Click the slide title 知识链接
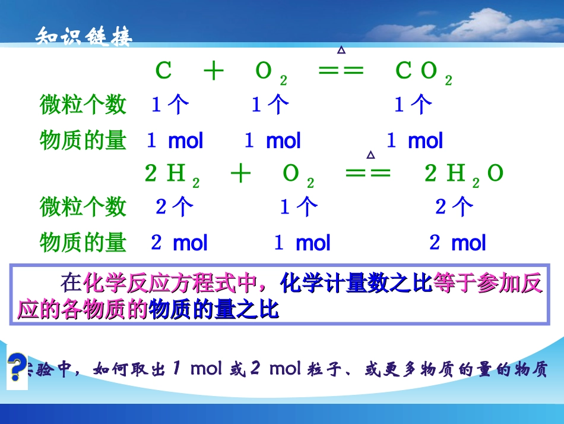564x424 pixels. [84, 37]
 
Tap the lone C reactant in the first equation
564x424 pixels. [163, 72]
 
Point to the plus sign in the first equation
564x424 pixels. [213, 72]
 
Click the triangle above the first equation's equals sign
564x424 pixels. [341, 51]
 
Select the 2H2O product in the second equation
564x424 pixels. [464, 174]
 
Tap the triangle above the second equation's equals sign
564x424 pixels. [370, 155]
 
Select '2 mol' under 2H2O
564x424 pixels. [457, 243]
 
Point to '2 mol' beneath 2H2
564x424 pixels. [179, 243]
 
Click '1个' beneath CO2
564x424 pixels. [413, 105]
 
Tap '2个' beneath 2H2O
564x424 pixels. [454, 207]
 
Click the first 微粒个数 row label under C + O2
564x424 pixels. [83, 105]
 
